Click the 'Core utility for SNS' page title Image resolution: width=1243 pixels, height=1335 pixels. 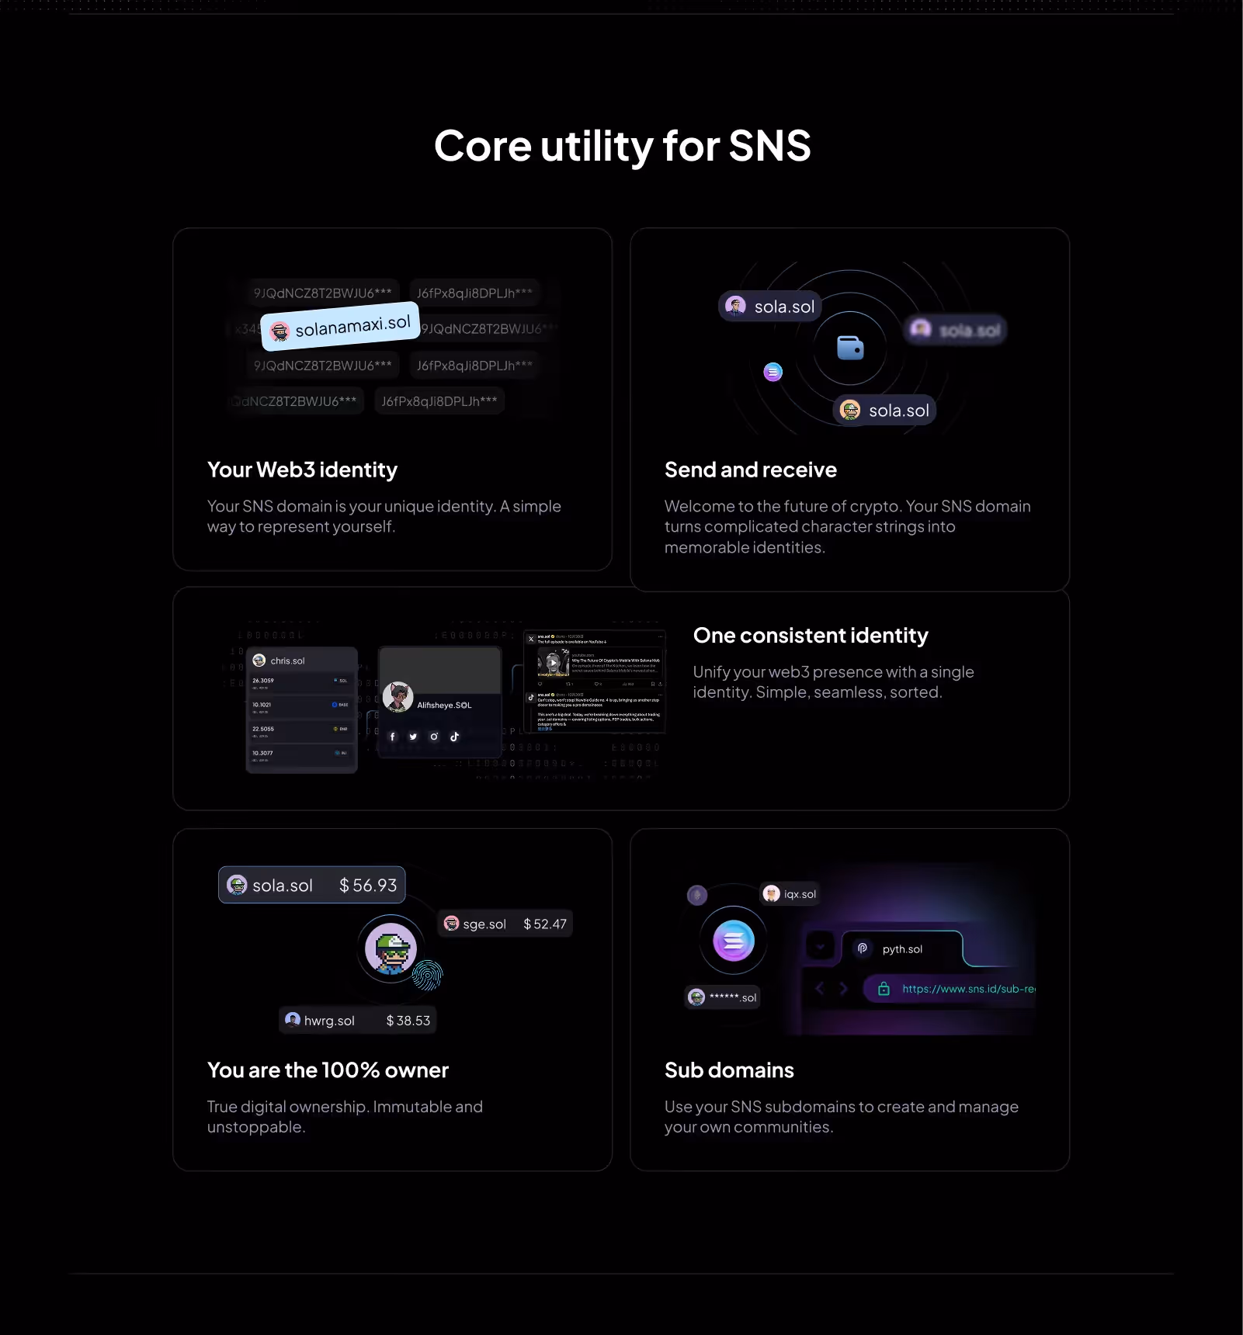(x=622, y=146)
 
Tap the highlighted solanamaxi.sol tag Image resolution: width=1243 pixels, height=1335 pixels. (x=341, y=326)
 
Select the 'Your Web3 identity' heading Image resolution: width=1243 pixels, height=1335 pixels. (x=302, y=470)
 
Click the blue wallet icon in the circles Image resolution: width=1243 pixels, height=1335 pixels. (x=850, y=348)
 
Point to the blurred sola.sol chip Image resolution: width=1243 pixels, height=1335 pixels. (x=957, y=331)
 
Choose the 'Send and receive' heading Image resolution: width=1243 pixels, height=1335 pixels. (x=750, y=470)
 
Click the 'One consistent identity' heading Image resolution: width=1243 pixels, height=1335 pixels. (x=810, y=636)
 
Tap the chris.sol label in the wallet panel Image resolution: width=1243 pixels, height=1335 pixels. (x=287, y=661)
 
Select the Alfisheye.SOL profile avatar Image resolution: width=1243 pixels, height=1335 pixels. (x=398, y=697)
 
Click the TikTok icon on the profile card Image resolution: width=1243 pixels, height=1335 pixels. (x=455, y=737)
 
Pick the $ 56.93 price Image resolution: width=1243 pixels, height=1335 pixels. (x=368, y=886)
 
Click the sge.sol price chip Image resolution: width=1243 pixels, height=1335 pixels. (x=505, y=924)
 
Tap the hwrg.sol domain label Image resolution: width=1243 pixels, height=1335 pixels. (x=329, y=1021)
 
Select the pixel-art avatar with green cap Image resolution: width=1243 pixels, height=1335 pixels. (x=391, y=948)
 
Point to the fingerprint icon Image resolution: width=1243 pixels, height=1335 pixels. (x=427, y=976)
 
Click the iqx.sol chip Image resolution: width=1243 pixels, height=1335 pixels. (x=790, y=894)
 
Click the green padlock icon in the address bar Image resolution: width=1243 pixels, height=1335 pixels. (x=884, y=989)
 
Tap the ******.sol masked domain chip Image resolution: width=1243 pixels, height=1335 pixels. (x=723, y=997)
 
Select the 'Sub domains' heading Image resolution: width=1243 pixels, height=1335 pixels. (x=729, y=1070)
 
